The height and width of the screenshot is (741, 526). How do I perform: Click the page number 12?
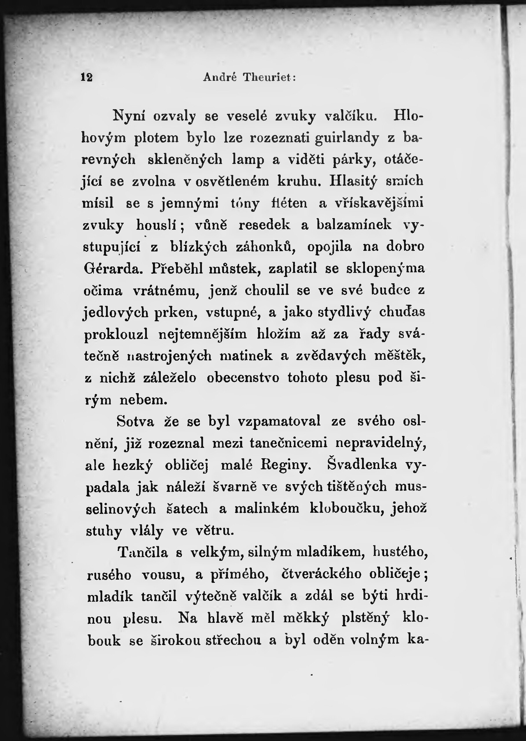[x=87, y=77]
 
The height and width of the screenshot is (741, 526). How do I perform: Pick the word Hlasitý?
[x=353, y=181]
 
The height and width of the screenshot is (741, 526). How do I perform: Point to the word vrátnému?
[x=165, y=291]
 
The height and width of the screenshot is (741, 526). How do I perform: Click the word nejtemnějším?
[x=202, y=335]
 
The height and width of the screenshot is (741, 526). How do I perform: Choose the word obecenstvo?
[x=243, y=378]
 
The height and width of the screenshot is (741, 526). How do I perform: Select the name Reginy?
[x=285, y=465]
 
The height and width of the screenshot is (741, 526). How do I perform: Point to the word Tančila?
[x=143, y=552]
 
